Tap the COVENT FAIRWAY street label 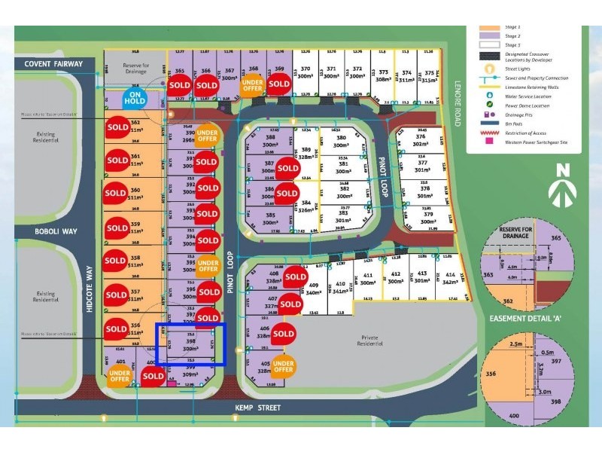(53, 64)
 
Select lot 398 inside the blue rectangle (190, 344)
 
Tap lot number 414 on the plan (450, 277)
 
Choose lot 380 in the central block (342, 142)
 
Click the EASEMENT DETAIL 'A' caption (537, 318)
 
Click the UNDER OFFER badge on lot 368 (252, 86)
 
